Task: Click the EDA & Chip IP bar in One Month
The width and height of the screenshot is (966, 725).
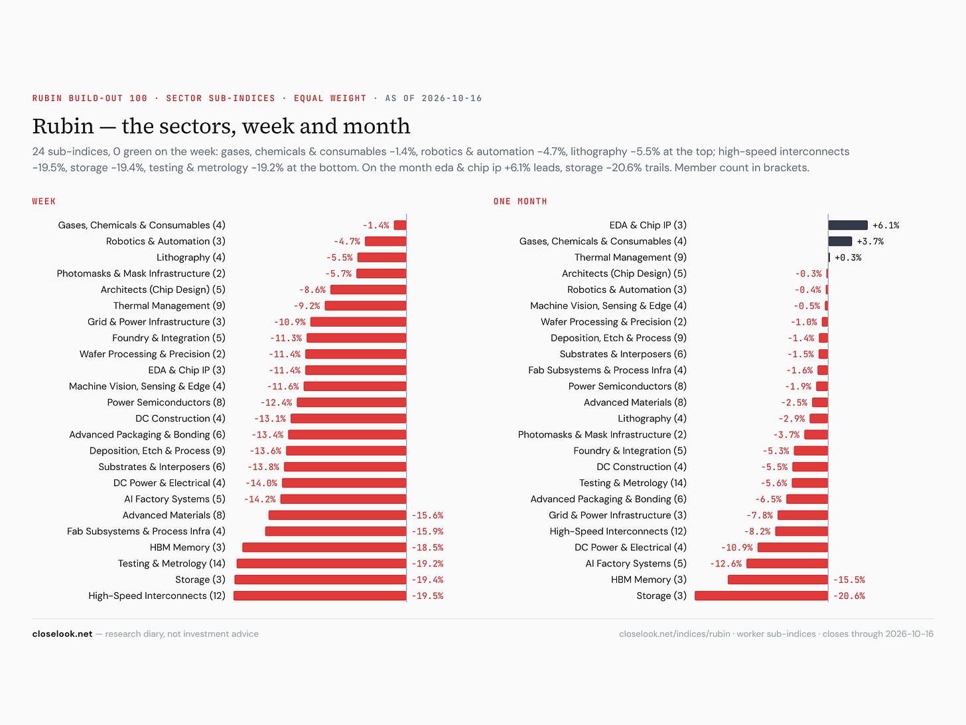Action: click(848, 225)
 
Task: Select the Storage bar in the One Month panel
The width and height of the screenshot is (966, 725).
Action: click(762, 596)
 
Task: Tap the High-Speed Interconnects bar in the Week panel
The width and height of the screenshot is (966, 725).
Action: click(320, 596)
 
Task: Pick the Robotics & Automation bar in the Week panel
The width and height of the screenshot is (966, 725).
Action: click(385, 241)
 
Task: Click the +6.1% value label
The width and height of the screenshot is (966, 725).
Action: click(886, 225)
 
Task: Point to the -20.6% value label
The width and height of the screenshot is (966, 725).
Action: click(849, 596)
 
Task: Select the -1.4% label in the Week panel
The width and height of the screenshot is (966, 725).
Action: click(376, 225)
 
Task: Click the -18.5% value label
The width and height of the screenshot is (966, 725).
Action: click(427, 548)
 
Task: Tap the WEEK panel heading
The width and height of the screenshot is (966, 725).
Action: click(44, 201)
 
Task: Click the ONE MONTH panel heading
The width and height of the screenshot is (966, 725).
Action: click(520, 201)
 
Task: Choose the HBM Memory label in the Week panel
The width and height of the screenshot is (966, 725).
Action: click(188, 547)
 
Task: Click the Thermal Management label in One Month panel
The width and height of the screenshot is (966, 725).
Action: click(630, 257)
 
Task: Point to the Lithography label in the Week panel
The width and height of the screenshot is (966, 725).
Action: click(191, 257)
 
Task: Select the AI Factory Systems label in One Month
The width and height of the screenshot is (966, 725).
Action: click(636, 564)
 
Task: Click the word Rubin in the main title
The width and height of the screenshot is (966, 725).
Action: click(63, 126)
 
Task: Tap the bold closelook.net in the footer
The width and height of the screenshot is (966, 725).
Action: click(62, 634)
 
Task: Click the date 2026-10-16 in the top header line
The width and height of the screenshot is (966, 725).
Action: click(452, 98)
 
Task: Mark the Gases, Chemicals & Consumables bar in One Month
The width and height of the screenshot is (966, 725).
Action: click(840, 241)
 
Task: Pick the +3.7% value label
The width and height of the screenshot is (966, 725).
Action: click(870, 242)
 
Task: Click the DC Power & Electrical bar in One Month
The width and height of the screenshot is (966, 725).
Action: click(793, 547)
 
